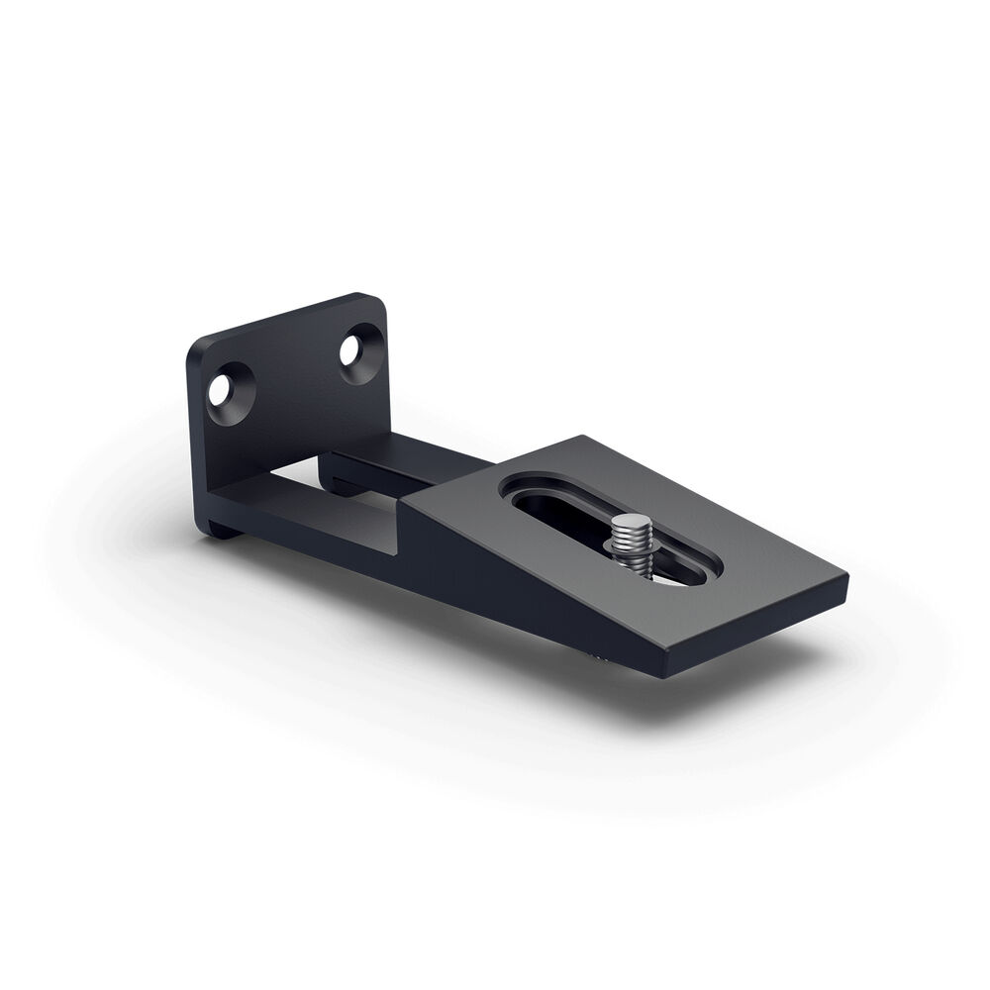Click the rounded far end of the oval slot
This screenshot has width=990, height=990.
pyautogui.click(x=523, y=485)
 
